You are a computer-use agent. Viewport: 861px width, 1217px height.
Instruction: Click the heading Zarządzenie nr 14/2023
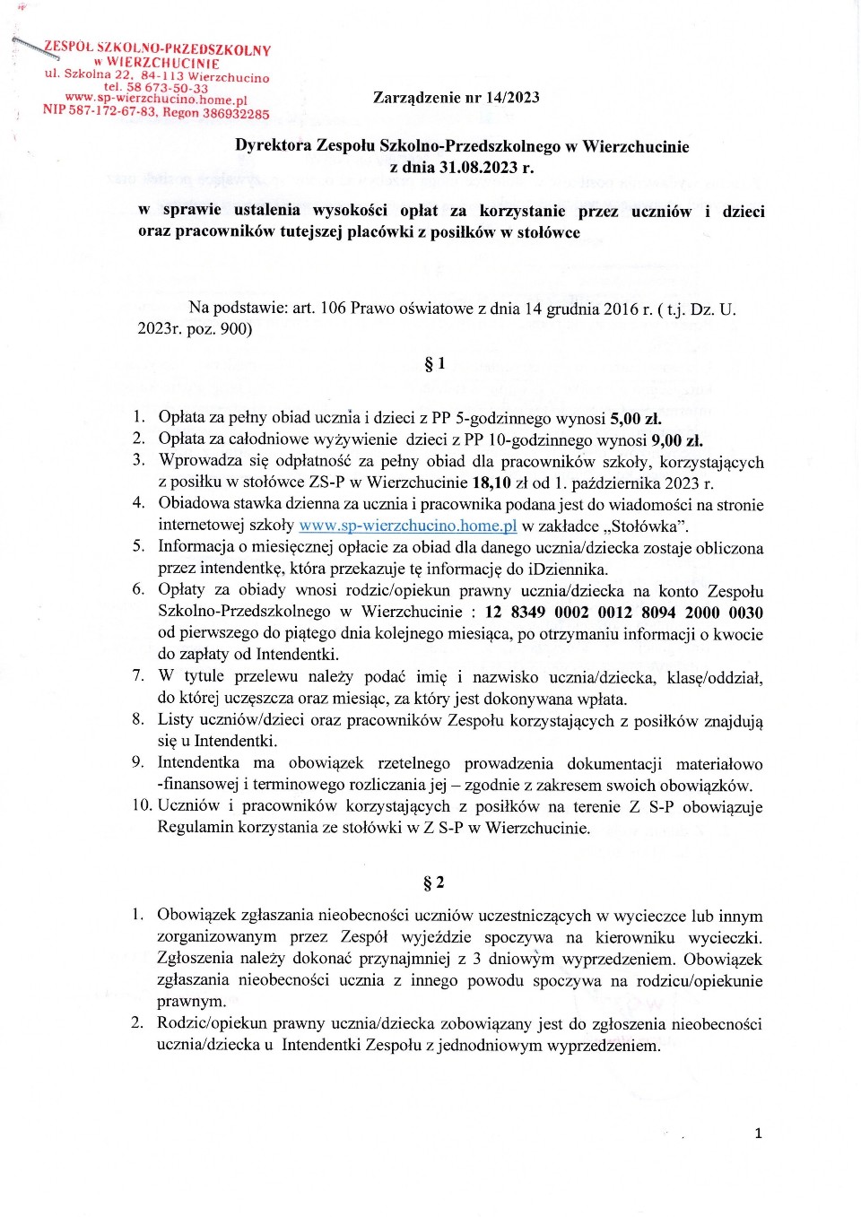point(456,98)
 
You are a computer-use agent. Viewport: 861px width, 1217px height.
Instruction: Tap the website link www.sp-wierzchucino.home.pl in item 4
point(407,526)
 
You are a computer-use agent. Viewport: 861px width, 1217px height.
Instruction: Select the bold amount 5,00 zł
point(635,418)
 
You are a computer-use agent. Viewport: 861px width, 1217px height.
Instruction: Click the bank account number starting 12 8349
point(623,613)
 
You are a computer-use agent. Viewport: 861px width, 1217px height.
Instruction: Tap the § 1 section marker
point(434,363)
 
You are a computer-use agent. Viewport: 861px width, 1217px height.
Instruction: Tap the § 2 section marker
point(434,882)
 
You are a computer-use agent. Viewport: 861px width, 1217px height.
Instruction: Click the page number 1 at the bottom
point(758,1134)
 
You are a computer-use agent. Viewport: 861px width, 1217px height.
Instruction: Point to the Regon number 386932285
point(235,114)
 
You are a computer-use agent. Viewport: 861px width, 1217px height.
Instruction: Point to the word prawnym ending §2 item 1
point(191,1001)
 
